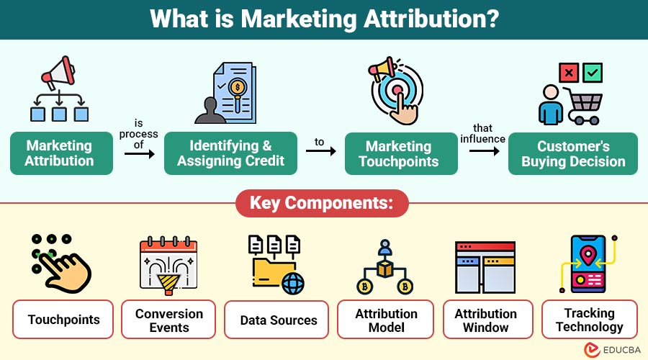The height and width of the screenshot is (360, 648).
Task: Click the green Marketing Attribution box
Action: tap(62, 153)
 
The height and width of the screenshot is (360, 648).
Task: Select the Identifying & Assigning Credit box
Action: tap(230, 153)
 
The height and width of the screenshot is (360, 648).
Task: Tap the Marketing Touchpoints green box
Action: tap(401, 154)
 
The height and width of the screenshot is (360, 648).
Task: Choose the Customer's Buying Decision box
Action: tap(573, 154)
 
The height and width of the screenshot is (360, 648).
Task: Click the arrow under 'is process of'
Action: tap(139, 154)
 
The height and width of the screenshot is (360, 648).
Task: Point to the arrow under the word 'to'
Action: tap(320, 151)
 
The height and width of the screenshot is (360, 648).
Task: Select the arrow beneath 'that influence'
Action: tap(485, 151)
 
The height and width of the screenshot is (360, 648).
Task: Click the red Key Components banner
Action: tap(322, 203)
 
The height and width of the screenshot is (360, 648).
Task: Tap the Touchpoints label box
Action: tap(63, 320)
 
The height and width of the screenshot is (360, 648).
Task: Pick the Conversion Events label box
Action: tap(168, 320)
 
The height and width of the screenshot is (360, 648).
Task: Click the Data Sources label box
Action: tap(276, 320)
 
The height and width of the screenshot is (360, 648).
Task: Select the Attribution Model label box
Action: tap(386, 320)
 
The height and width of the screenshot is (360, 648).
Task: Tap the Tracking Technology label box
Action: tap(590, 320)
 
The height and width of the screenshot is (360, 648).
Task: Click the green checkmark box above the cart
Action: tap(593, 73)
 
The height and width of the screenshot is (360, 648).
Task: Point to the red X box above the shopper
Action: tap(569, 73)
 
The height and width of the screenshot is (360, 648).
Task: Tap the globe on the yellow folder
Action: tap(293, 284)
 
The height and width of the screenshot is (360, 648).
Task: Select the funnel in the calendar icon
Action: tap(168, 285)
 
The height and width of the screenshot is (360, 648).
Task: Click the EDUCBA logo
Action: tap(613, 350)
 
